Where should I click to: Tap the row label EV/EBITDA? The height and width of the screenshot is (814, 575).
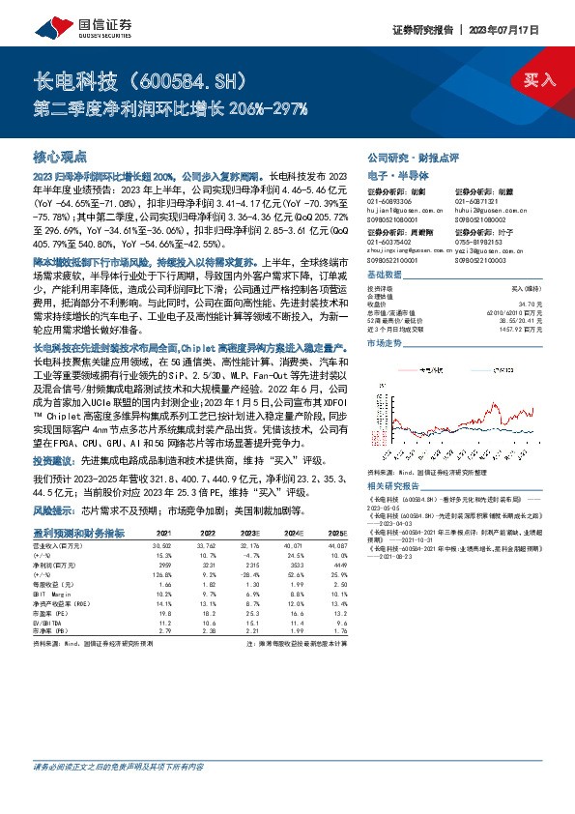click(x=49, y=623)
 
